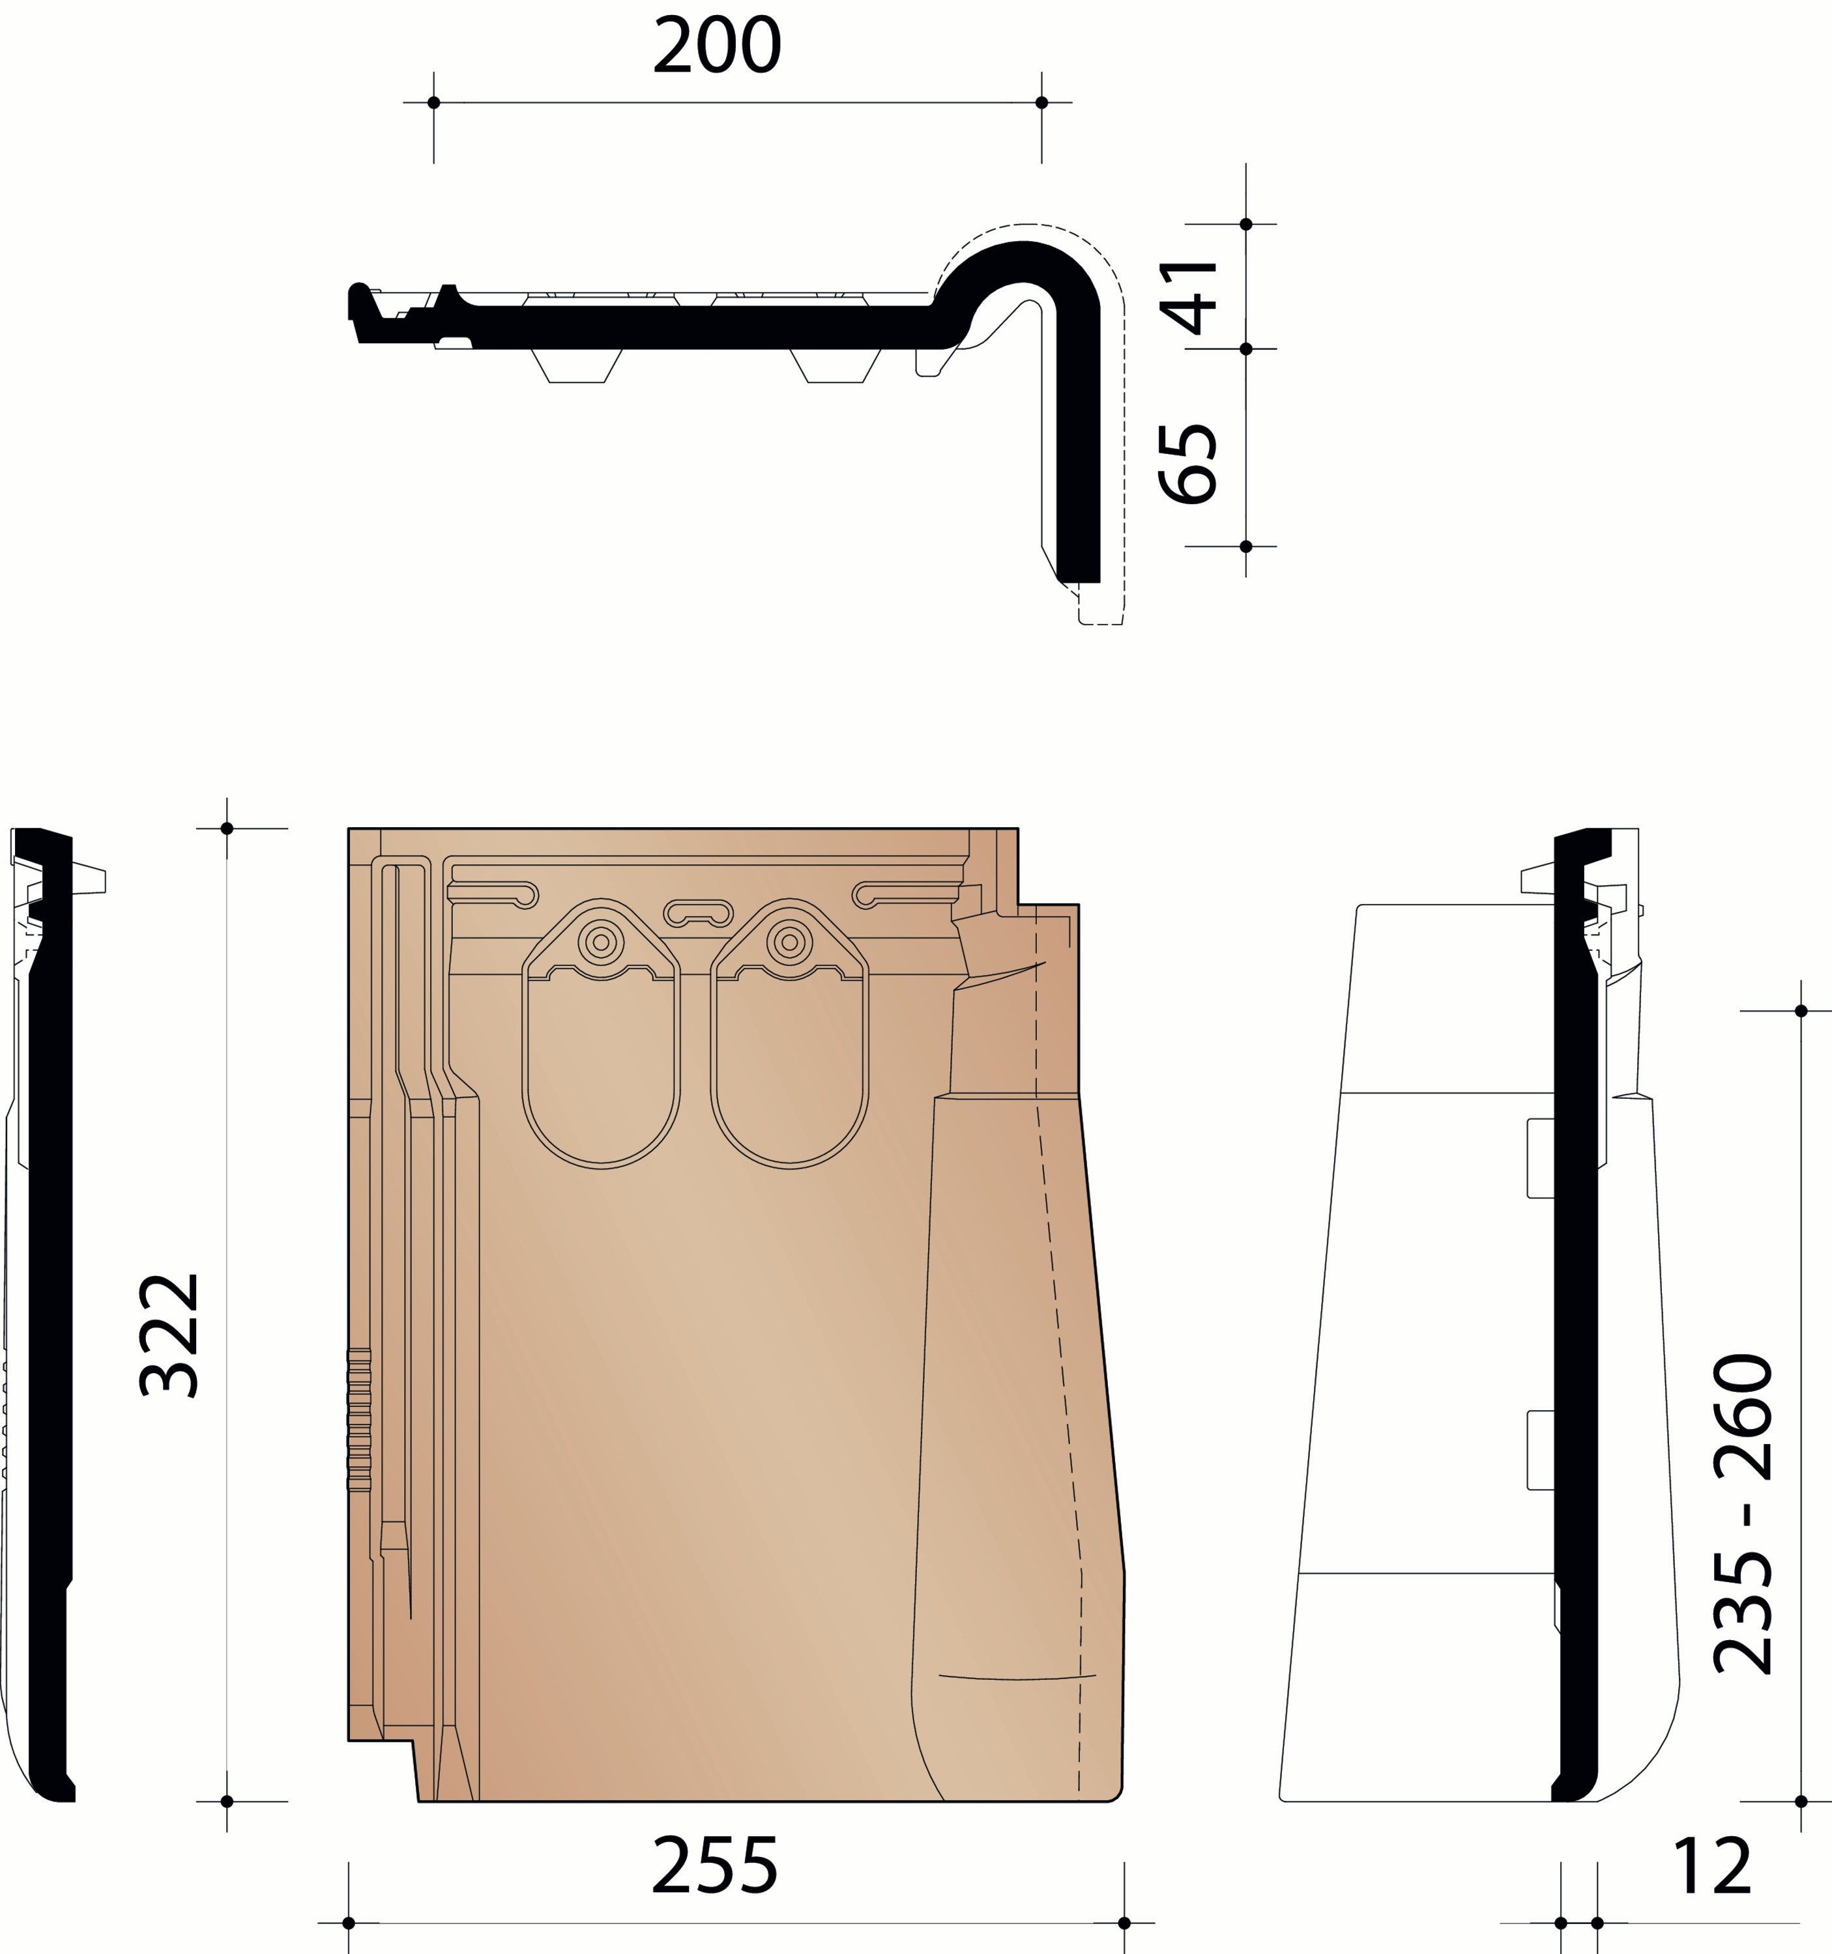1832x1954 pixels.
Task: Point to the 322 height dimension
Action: pos(170,1335)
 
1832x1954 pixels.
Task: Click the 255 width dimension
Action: pos(715,1865)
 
